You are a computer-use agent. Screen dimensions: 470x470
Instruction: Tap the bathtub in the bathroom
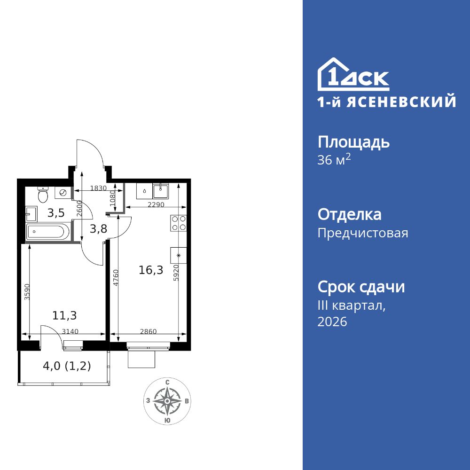tap(48, 232)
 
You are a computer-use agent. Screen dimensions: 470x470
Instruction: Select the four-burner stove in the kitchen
tap(179, 223)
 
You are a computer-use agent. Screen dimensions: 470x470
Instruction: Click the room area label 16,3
tap(151, 270)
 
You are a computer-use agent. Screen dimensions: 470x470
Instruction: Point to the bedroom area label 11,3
tap(64, 315)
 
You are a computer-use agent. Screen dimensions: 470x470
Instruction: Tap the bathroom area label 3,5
tap(55, 212)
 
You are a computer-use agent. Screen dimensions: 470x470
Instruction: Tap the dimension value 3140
tap(70, 331)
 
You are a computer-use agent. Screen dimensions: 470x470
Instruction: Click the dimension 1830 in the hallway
tap(99, 188)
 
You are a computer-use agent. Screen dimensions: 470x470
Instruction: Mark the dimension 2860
tap(149, 331)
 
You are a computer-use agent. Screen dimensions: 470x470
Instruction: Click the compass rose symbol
tap(167, 401)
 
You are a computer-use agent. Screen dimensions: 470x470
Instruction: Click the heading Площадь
tap(353, 142)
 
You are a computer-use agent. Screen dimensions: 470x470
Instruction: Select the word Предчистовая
tap(363, 233)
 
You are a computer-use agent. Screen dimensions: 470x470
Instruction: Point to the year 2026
tap(332, 322)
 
